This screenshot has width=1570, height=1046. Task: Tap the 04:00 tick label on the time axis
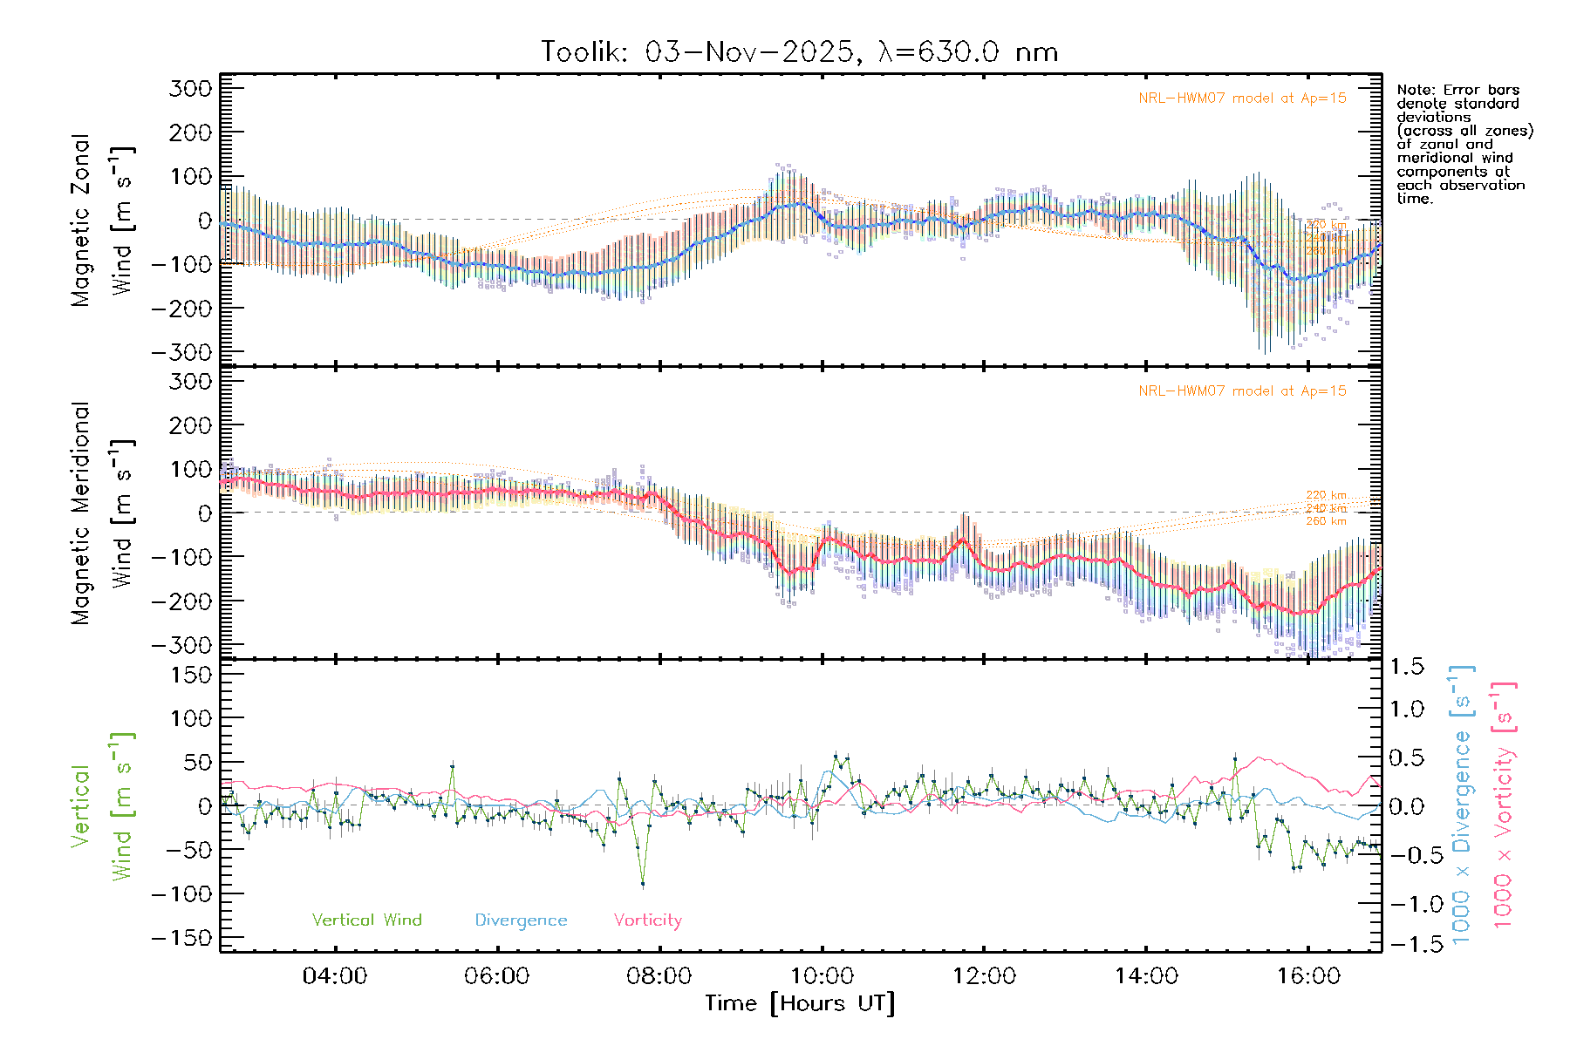[334, 976]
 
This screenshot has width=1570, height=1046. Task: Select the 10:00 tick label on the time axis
[822, 976]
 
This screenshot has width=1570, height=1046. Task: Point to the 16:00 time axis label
[1308, 976]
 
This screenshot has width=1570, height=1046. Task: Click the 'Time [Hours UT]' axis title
[800, 1003]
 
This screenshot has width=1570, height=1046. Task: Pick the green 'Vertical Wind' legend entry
[366, 920]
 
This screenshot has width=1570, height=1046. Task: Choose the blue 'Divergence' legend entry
[521, 920]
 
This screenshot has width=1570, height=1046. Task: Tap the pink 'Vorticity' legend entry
[647, 920]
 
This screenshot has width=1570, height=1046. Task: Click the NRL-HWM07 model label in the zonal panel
[1242, 98]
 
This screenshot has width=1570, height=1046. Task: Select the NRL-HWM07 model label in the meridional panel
[1242, 391]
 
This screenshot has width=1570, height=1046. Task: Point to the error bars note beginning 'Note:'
[1464, 144]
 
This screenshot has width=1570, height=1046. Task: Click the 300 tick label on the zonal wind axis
[191, 88]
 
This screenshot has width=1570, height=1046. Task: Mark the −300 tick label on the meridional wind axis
[182, 645]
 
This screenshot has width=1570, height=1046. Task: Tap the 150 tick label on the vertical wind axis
[191, 675]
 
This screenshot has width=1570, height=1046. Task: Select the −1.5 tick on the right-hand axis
[1407, 944]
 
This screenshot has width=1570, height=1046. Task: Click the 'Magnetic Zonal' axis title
[81, 221]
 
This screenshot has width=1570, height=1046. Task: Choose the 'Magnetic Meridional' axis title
[81, 513]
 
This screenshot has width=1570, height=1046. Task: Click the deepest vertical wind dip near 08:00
[643, 884]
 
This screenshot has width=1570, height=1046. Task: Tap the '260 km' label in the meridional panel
[1326, 521]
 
